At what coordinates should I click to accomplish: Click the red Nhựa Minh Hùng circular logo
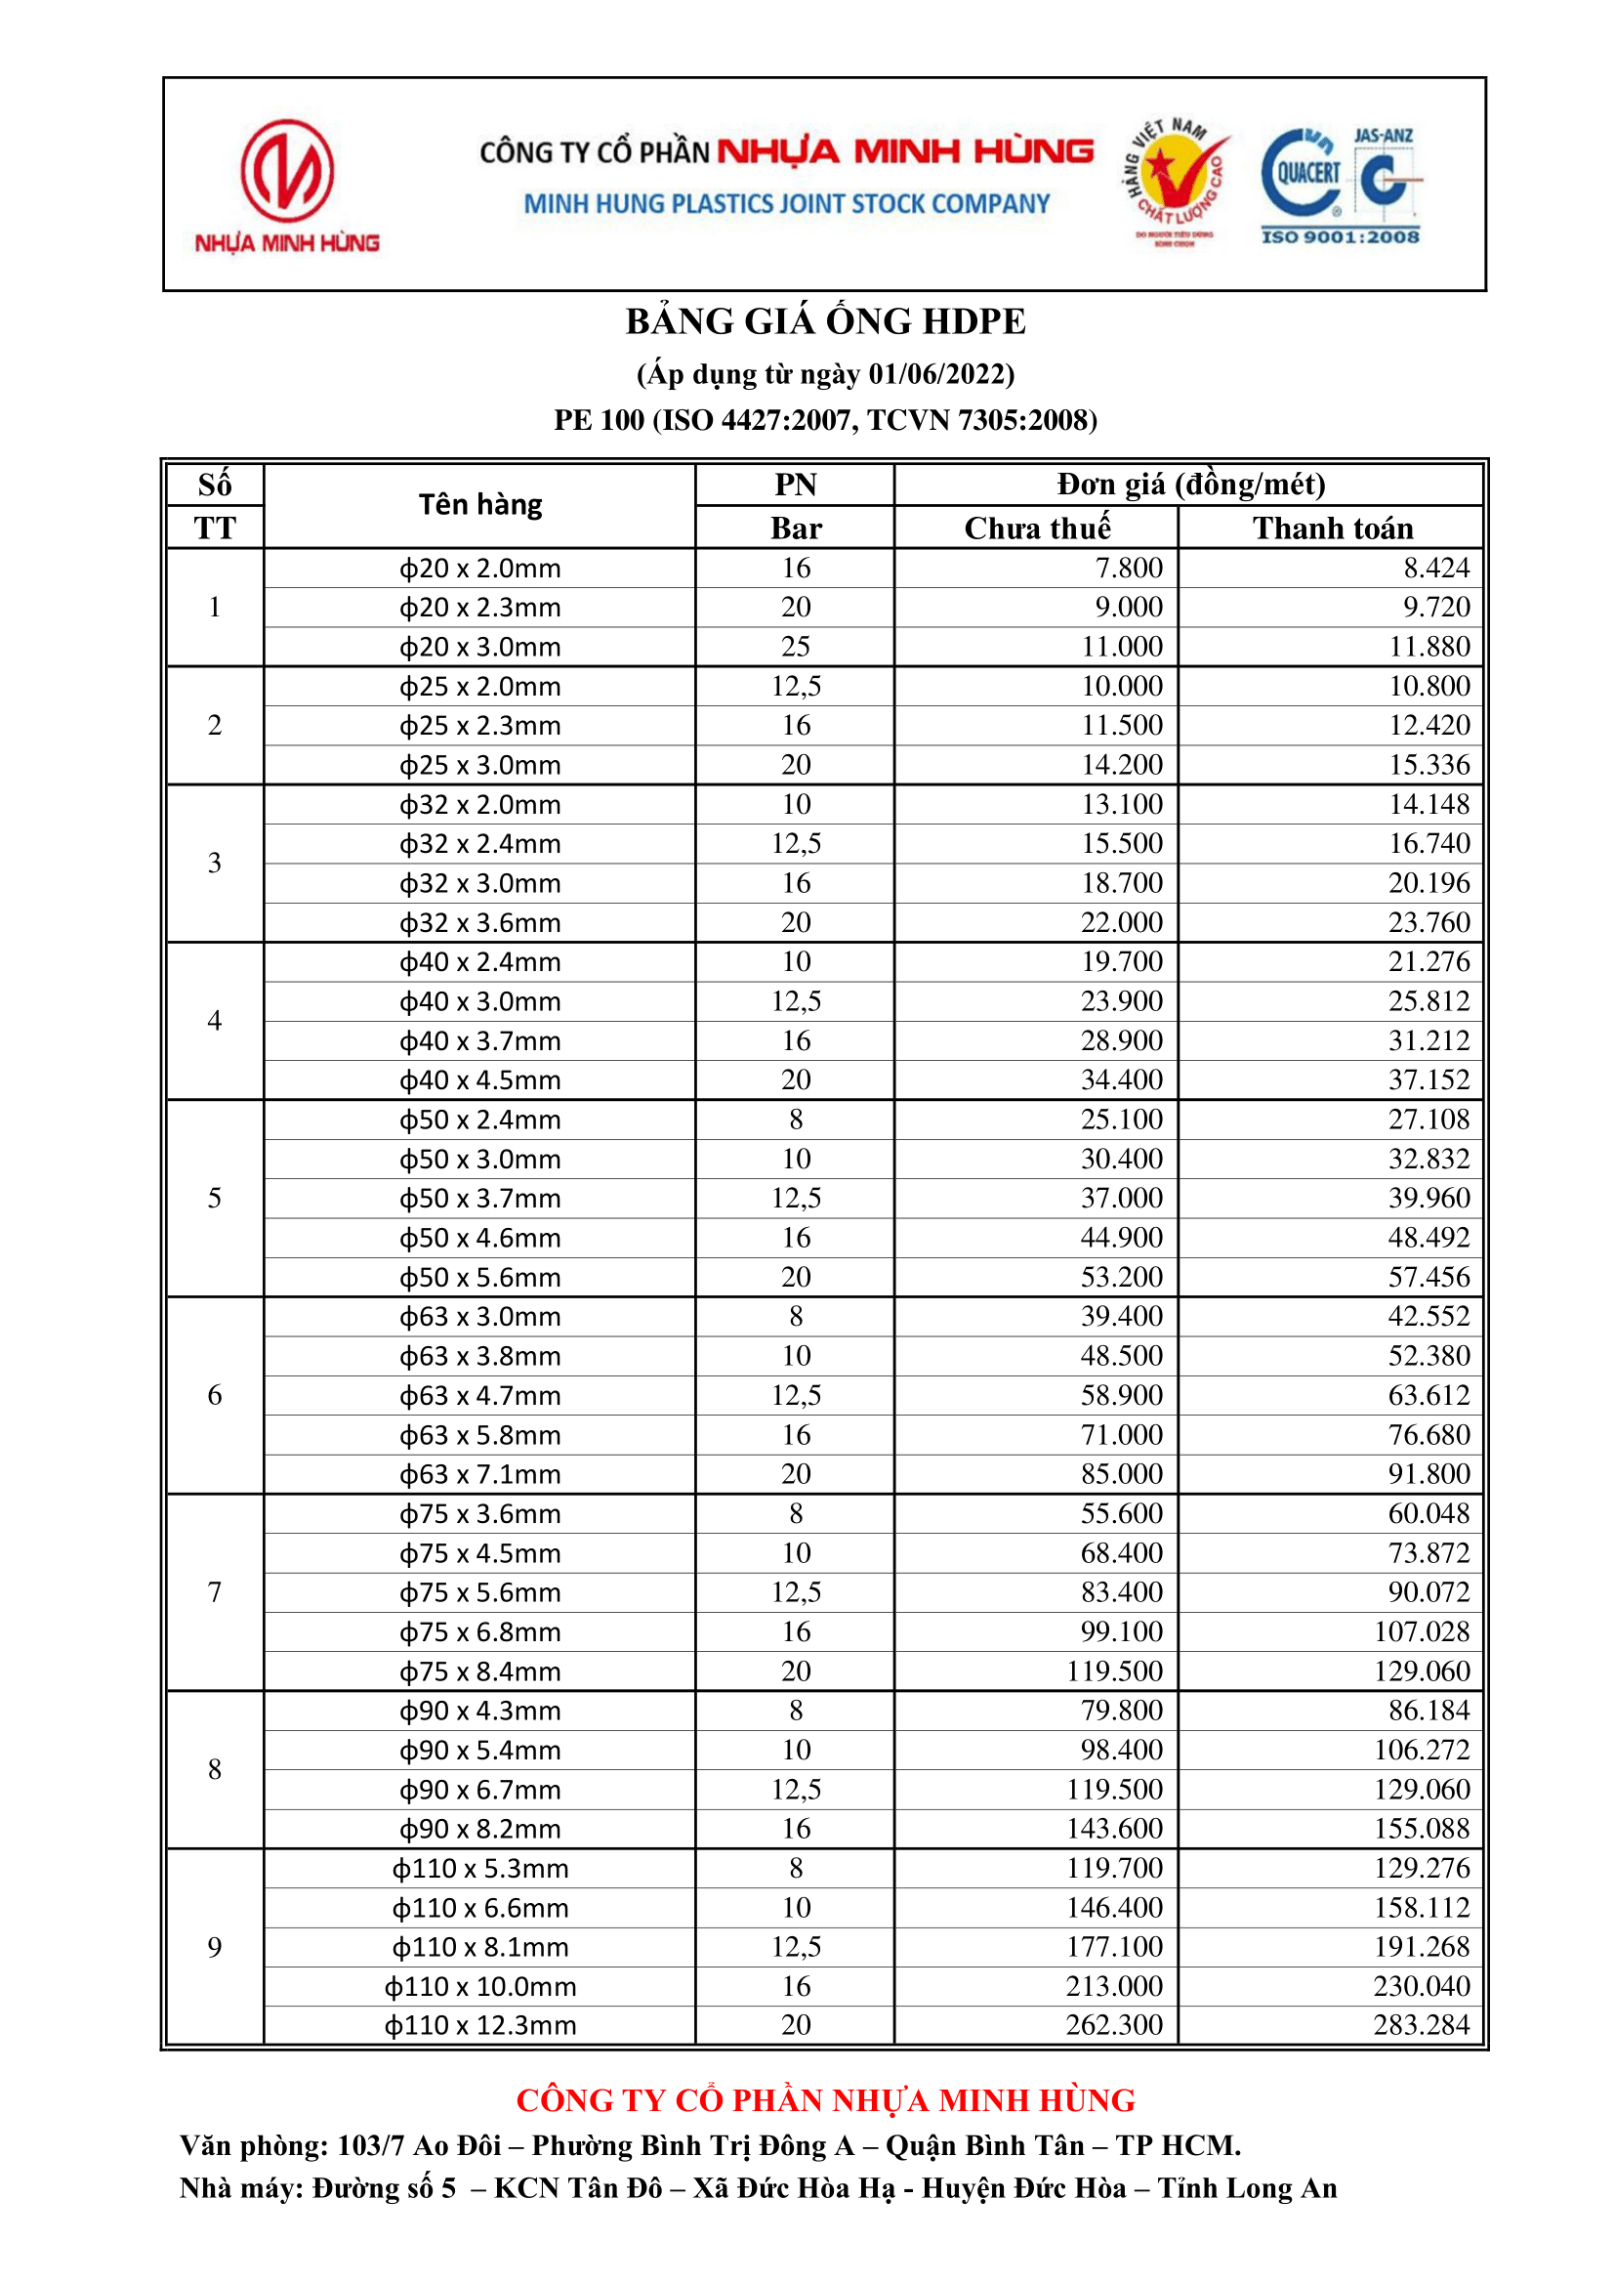pyautogui.click(x=286, y=171)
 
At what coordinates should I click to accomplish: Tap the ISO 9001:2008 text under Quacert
pyautogui.click(x=1340, y=236)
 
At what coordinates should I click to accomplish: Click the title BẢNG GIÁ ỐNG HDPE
pyautogui.click(x=824, y=322)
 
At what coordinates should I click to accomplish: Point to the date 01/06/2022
pyautogui.click(x=936, y=375)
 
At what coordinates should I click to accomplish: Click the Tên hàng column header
pyautogui.click(x=480, y=505)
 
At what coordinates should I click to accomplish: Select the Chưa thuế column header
pyautogui.click(x=1036, y=529)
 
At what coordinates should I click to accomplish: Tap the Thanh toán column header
pyautogui.click(x=1332, y=529)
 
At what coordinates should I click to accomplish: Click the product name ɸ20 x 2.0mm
pyautogui.click(x=480, y=569)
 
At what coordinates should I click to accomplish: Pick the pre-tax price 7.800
pyautogui.click(x=1128, y=568)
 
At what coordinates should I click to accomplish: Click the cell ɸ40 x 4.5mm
pyautogui.click(x=480, y=1080)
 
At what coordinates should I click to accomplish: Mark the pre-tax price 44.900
pyautogui.click(x=1121, y=1238)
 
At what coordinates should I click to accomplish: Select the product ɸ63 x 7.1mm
pyautogui.click(x=480, y=1474)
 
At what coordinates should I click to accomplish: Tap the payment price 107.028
pyautogui.click(x=1421, y=1631)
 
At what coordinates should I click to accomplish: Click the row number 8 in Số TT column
pyautogui.click(x=215, y=1770)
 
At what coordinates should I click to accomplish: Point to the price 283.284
pyautogui.click(x=1421, y=2025)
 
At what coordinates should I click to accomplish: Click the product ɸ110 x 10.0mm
pyautogui.click(x=480, y=1987)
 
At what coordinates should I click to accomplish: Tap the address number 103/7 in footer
pyautogui.click(x=370, y=2145)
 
